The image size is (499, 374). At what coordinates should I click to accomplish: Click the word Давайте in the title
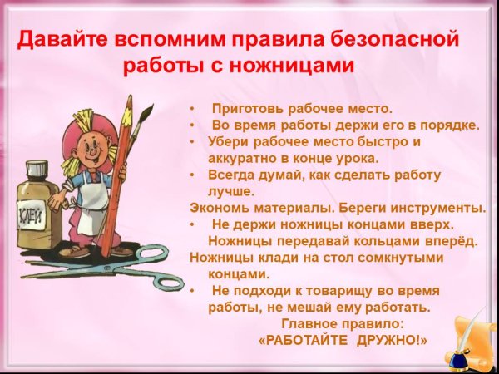(x=57, y=38)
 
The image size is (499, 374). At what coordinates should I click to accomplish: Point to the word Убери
(x=225, y=141)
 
